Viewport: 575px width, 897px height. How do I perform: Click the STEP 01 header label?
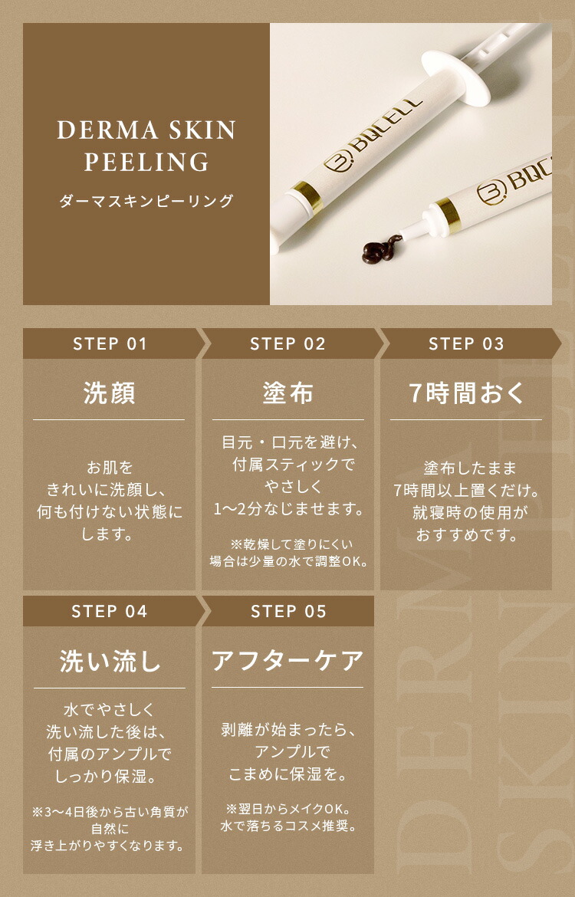pyautogui.click(x=110, y=343)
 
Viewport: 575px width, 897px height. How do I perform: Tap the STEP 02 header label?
pyautogui.click(x=287, y=343)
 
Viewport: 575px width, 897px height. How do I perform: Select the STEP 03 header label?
pyautogui.click(x=466, y=343)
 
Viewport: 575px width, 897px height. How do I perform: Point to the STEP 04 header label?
pyautogui.click(x=110, y=611)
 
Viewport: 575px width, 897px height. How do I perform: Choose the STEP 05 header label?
pyautogui.click(x=287, y=611)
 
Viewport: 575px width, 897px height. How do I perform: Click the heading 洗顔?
pyautogui.click(x=109, y=393)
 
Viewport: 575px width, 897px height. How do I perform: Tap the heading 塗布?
pyautogui.click(x=287, y=393)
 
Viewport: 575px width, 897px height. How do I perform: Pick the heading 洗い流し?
pyautogui.click(x=109, y=661)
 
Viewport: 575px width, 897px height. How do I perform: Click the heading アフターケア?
pyautogui.click(x=287, y=661)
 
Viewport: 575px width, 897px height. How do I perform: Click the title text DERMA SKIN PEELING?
pyautogui.click(x=146, y=146)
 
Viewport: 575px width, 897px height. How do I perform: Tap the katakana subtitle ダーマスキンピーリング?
pyautogui.click(x=146, y=202)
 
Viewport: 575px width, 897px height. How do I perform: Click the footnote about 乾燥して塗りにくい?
pyautogui.click(x=287, y=552)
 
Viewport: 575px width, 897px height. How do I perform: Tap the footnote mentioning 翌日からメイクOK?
pyautogui.click(x=287, y=817)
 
